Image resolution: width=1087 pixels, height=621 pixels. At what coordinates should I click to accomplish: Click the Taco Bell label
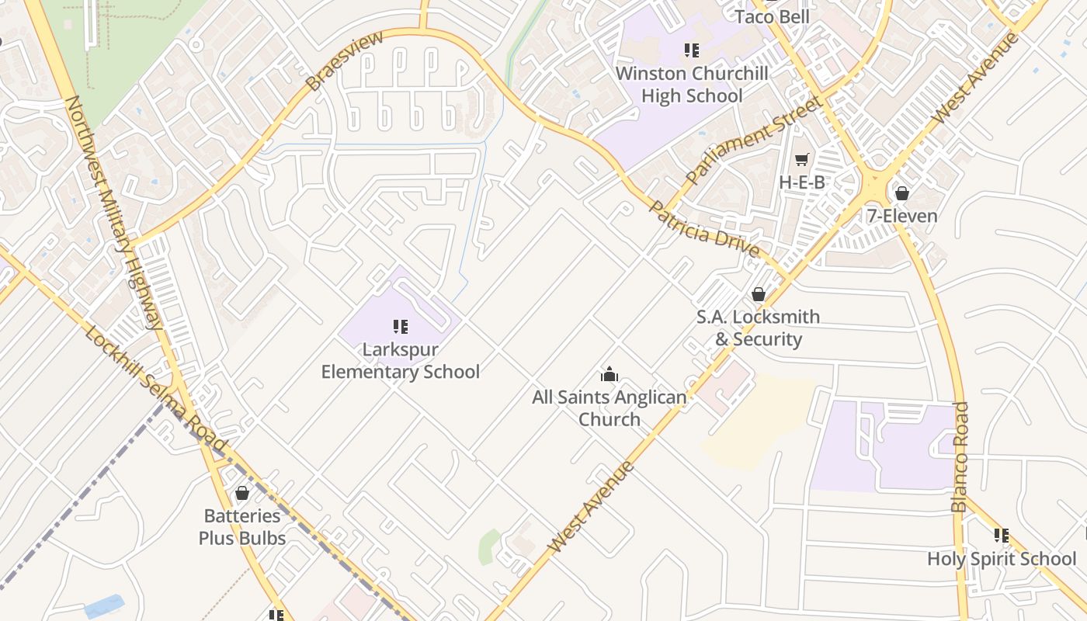click(772, 17)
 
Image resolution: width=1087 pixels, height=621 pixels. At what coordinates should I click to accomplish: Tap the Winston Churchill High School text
click(692, 85)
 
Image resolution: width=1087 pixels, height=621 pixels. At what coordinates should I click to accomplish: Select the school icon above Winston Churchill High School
click(692, 50)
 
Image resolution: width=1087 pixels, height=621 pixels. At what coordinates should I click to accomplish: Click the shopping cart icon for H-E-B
click(801, 159)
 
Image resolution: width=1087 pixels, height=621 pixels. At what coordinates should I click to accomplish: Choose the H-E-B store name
click(801, 182)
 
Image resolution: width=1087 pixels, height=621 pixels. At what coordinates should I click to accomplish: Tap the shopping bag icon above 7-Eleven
click(901, 193)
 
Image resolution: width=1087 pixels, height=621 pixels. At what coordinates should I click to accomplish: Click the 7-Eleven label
click(901, 216)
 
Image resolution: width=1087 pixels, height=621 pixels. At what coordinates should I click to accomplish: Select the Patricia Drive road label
click(703, 229)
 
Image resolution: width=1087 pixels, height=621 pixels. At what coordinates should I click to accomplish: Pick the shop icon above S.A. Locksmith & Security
click(758, 294)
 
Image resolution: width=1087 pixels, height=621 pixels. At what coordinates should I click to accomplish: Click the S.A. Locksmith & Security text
click(757, 328)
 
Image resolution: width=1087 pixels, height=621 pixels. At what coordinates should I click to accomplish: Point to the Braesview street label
click(344, 61)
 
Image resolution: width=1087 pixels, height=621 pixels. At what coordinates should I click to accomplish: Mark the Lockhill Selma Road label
click(155, 389)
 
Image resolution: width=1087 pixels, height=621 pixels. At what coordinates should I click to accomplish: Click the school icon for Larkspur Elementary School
click(401, 327)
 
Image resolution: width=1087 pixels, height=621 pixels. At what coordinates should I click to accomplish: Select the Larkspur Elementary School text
click(401, 361)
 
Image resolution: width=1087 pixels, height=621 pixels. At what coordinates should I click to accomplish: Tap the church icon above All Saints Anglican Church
click(609, 375)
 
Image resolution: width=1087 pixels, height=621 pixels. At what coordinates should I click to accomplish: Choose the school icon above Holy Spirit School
click(1002, 536)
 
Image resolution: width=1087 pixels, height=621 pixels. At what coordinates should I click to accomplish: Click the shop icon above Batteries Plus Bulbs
click(242, 493)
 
